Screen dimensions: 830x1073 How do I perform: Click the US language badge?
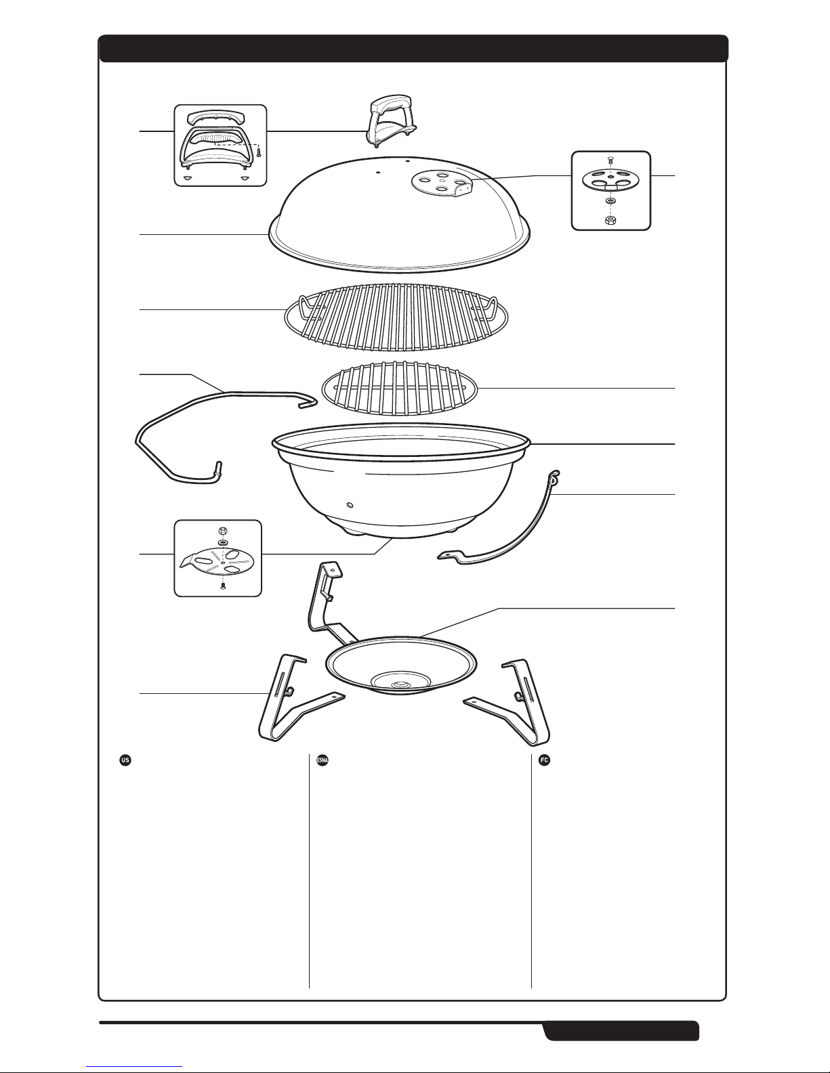point(125,760)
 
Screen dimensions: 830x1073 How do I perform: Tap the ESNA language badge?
point(322,760)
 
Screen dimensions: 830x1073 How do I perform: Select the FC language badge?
point(544,760)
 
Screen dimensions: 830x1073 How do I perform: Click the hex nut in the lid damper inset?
point(610,219)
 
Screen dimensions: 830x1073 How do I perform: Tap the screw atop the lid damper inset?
point(610,160)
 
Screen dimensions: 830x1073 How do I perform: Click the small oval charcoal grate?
point(400,389)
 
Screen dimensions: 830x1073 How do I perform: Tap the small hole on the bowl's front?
point(350,505)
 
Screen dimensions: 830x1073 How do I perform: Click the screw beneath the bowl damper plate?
point(222,586)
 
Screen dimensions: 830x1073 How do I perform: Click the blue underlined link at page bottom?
point(134,1068)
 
